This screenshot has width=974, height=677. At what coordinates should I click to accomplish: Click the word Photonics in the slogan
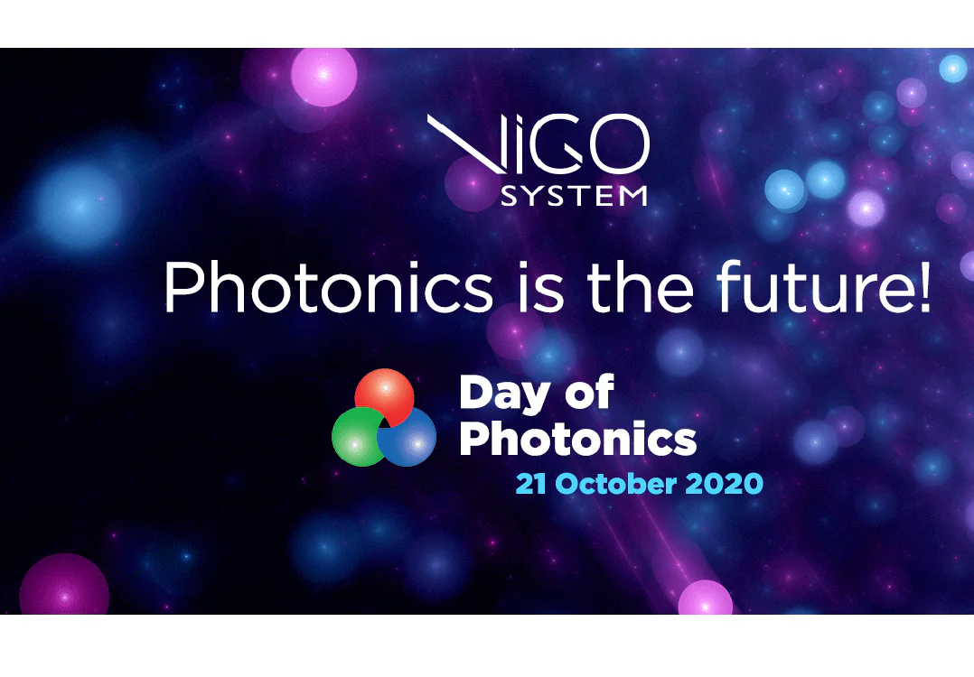coord(329,287)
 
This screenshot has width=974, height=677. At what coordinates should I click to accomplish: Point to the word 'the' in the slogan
coord(641,287)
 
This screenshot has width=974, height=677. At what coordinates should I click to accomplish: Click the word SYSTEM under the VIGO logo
coord(574,196)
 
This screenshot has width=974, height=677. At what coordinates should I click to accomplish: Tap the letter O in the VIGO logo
coord(617,144)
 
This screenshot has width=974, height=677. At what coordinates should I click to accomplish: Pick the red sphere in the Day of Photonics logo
coord(384,396)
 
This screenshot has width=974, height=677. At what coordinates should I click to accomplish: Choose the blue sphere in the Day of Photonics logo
coord(407,437)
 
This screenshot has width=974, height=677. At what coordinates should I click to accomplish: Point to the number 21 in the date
coord(531,484)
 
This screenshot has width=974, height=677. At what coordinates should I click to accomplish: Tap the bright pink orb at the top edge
coord(323,77)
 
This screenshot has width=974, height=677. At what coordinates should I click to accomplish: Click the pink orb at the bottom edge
coord(705,598)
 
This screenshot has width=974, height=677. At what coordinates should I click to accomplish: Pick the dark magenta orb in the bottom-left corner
coord(64,585)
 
